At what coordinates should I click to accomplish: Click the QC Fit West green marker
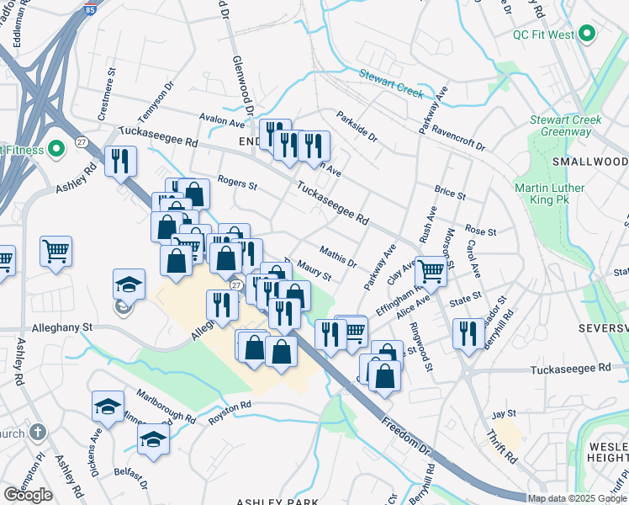click(587, 35)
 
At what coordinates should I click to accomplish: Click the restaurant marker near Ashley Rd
click(121, 160)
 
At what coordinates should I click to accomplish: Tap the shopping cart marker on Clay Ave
click(431, 270)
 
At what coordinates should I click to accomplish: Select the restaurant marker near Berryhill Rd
click(468, 332)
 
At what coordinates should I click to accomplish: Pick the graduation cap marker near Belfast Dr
click(153, 439)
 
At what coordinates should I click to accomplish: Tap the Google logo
click(28, 494)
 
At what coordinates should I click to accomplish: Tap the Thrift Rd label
click(502, 448)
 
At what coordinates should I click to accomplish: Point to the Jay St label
click(503, 414)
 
